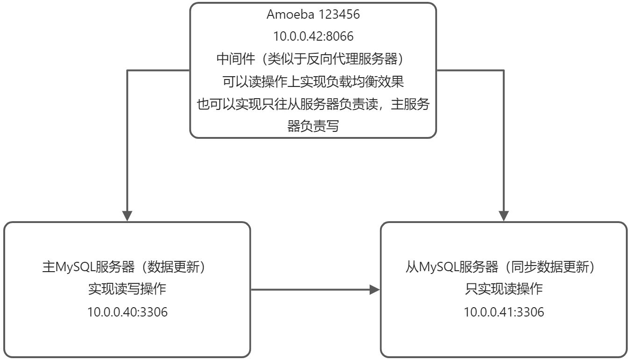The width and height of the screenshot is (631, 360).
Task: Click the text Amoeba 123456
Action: click(313, 14)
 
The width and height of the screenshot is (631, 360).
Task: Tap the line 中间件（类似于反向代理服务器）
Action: click(313, 59)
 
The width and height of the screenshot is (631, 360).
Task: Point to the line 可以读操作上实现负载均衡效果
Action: click(313, 82)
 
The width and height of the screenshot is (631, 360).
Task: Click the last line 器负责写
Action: click(313, 126)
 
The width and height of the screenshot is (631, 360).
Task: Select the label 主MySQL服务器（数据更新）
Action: click(127, 267)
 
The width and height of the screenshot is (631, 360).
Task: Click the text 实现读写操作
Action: click(127, 289)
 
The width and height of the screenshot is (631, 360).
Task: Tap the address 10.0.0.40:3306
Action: click(127, 312)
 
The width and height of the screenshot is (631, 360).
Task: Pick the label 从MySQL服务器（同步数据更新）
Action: click(503, 267)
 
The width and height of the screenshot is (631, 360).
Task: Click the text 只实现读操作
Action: click(503, 289)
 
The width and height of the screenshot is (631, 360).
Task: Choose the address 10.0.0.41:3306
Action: click(503, 312)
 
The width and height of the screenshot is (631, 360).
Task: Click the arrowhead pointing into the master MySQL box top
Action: click(127, 216)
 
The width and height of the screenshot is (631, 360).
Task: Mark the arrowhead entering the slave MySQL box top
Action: click(503, 216)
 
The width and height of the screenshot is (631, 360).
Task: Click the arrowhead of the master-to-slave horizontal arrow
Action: click(374, 289)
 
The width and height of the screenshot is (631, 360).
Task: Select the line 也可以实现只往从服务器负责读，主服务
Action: click(313, 104)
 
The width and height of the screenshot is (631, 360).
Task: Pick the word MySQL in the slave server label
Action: click(439, 267)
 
